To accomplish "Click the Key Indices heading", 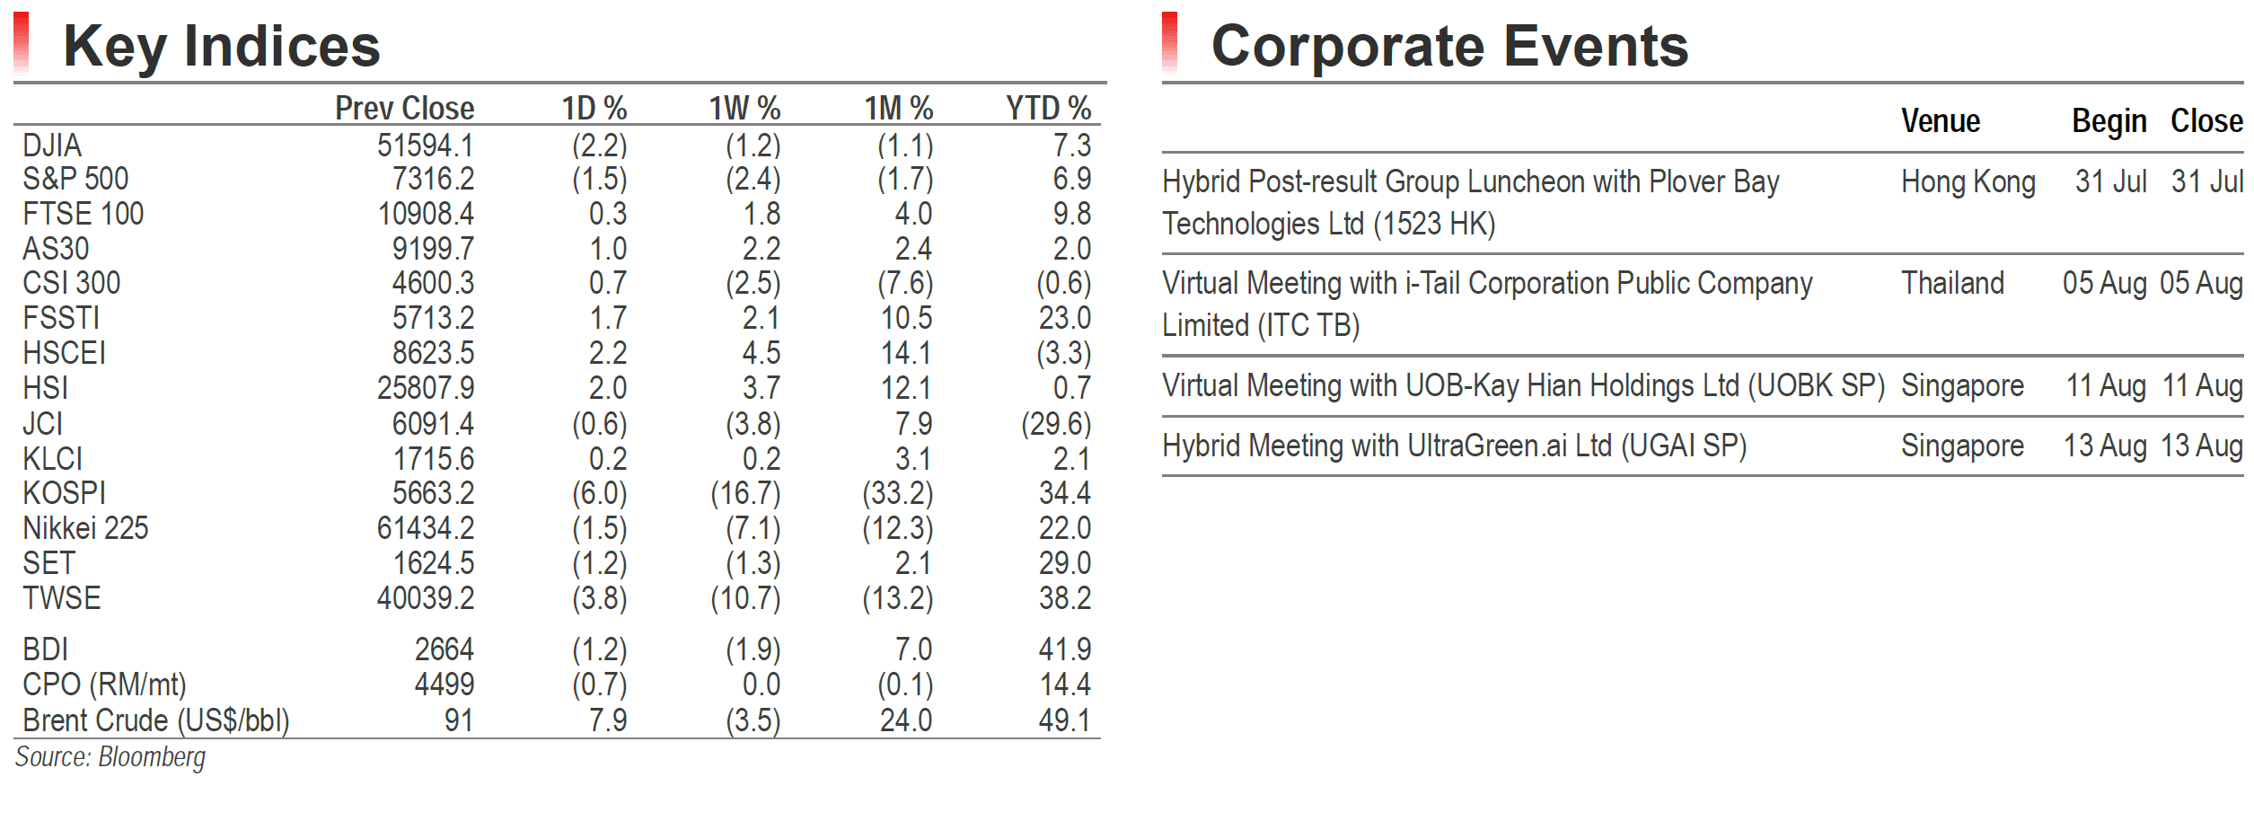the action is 222,47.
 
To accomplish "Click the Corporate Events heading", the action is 1449,46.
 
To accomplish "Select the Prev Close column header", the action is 404,109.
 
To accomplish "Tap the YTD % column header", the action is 1048,109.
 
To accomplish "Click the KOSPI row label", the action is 64,493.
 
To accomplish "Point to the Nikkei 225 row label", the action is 85,528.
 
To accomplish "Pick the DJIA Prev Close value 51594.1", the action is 425,146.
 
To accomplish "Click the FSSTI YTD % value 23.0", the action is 1065,318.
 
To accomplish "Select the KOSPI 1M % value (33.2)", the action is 898,493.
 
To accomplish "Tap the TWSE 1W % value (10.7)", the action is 745,598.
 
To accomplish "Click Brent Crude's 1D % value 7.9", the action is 608,720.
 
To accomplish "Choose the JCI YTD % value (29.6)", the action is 1056,424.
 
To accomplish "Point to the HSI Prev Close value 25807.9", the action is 425,388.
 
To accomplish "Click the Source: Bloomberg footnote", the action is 110,758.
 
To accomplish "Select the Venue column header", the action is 1941,121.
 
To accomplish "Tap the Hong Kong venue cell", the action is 1968,182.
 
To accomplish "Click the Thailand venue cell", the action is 1952,283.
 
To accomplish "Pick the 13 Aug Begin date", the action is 2105,446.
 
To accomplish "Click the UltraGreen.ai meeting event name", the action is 1455,446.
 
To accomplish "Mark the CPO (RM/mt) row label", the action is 104,685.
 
